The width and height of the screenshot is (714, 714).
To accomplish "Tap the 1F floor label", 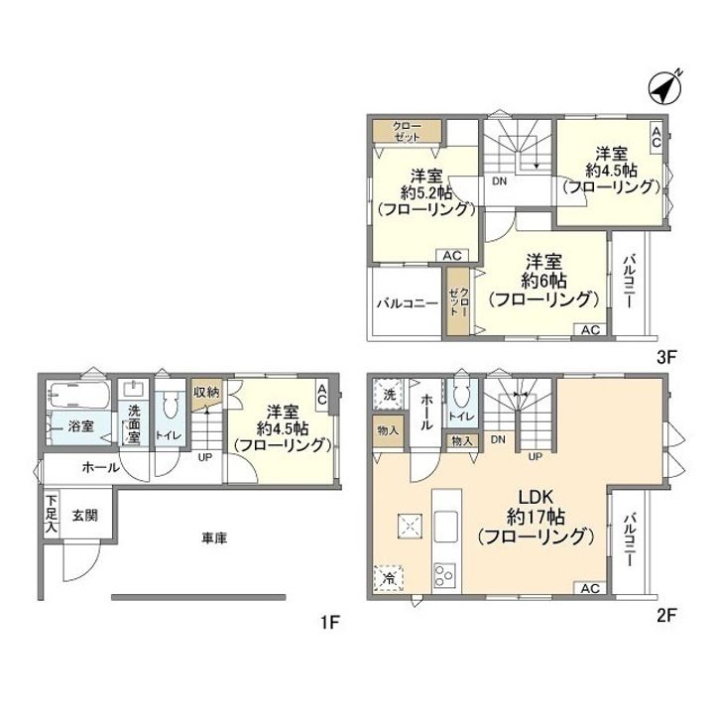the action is coord(329,622).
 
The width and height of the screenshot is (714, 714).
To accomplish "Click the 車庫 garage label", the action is coord(214,538).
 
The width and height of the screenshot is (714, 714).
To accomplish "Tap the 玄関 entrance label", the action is coord(85,516).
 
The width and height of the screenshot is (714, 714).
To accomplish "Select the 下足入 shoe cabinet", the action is coord(52,514).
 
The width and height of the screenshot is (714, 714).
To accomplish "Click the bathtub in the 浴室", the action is coord(79,396).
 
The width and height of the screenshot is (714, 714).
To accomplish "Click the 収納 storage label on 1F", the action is coord(206,392).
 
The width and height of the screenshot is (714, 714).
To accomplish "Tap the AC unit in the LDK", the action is coord(590,588).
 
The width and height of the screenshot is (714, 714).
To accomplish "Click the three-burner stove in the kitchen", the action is coord(444,576).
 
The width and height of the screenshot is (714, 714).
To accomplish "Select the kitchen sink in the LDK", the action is coord(445,527).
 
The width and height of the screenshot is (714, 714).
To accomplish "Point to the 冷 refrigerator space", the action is coord(389,578).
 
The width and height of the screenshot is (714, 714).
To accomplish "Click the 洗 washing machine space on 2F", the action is coord(389,394).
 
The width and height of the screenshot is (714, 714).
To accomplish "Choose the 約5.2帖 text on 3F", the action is coord(426,193).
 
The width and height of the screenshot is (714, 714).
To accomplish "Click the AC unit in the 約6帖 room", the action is coord(590,329).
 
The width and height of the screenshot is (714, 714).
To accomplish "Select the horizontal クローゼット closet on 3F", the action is coord(408,131).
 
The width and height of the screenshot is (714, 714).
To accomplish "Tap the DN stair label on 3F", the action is coord(499,180).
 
